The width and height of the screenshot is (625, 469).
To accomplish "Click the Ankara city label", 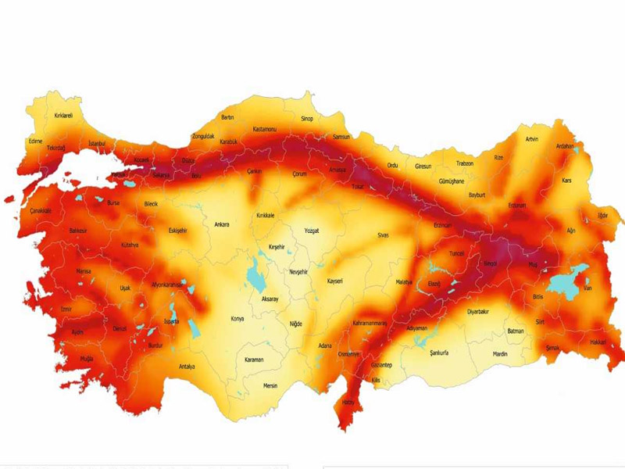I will click(222, 225).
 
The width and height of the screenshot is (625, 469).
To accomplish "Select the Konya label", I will click(237, 319).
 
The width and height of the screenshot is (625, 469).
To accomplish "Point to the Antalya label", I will click(186, 367).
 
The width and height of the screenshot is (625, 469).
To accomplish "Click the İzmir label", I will click(66, 310).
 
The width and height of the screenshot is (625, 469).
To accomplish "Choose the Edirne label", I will click(35, 141).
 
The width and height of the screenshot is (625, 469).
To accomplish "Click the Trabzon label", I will click(465, 163).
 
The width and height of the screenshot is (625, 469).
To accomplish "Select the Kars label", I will click(567, 181).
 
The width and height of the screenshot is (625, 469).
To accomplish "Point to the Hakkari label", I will click(598, 342).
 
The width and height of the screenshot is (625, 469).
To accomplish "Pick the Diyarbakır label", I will click(477, 311).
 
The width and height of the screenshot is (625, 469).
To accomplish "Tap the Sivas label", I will click(383, 234).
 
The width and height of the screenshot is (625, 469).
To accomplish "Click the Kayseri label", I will click(335, 281).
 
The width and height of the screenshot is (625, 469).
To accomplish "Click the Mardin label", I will click(500, 354).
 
